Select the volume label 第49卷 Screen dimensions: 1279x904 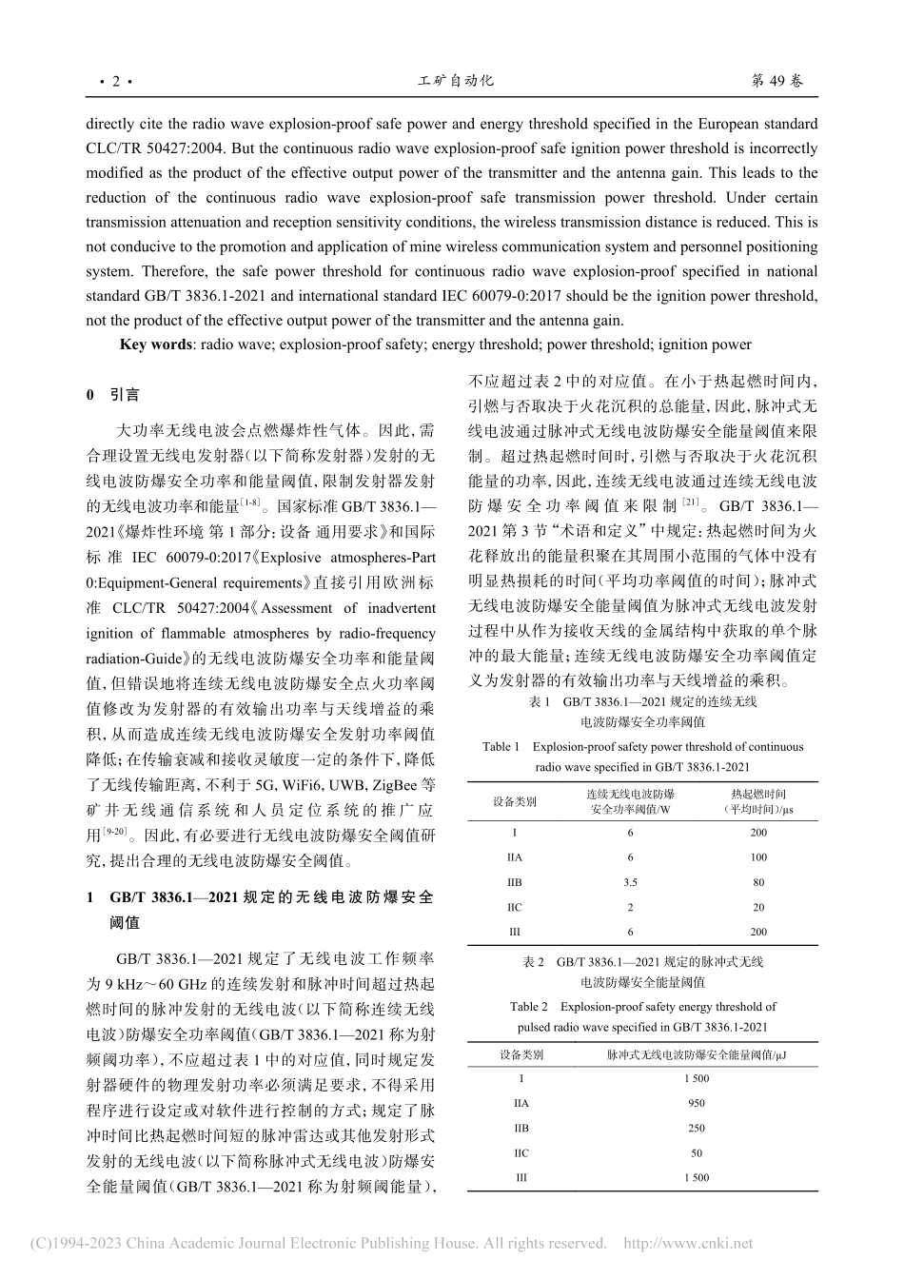(776, 81)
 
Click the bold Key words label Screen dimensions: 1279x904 (155, 344)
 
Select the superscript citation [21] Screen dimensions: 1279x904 (692, 501)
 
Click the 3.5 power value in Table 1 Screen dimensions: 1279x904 (630, 882)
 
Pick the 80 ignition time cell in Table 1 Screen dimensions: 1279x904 (758, 882)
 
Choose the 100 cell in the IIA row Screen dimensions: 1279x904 (758, 857)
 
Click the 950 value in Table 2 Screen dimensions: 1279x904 (697, 1103)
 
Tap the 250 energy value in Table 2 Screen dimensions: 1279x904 (697, 1128)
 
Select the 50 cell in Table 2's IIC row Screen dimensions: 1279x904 (697, 1152)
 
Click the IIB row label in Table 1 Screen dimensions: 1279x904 (515, 882)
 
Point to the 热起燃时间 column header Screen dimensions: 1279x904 (758, 794)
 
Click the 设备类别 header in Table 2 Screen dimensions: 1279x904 (521, 1054)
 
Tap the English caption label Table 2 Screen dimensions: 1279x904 (529, 1006)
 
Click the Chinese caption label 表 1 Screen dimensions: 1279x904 (540, 701)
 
